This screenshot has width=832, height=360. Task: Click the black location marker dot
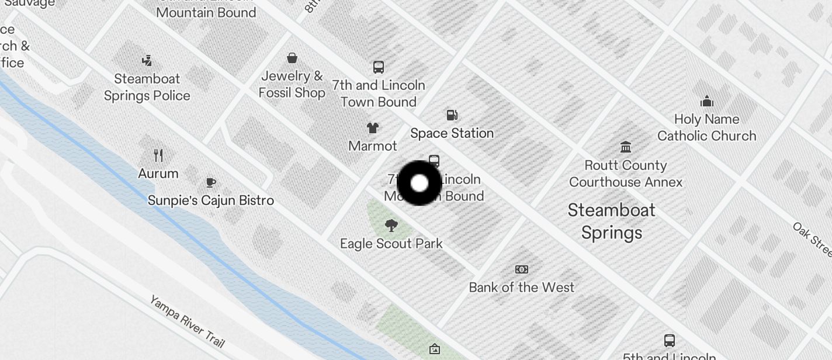click(420, 183)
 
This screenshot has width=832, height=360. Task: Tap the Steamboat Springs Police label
click(147, 87)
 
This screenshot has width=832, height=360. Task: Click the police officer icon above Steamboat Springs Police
click(147, 60)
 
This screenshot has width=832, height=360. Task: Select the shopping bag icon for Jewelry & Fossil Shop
click(292, 57)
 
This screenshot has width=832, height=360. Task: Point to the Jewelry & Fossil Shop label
click(292, 84)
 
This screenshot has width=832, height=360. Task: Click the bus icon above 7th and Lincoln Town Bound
click(379, 67)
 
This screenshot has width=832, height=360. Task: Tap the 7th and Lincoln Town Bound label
click(379, 94)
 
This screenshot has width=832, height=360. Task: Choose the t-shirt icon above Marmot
click(372, 127)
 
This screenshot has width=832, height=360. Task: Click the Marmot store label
click(373, 146)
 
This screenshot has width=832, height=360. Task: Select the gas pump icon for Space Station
click(452, 115)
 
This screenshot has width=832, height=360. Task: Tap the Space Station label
click(452, 133)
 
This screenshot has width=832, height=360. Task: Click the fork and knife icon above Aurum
click(158, 155)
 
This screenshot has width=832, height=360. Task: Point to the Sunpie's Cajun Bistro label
click(211, 200)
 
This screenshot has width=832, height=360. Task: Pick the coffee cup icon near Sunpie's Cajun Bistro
click(211, 182)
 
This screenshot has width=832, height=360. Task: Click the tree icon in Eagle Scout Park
click(391, 225)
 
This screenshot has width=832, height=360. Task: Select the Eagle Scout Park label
click(391, 244)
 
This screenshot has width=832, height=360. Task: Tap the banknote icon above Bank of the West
click(522, 269)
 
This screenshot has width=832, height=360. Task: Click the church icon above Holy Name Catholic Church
click(707, 102)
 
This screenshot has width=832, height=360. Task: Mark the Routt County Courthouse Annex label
click(626, 174)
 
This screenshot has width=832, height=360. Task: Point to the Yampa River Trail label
click(187, 321)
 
